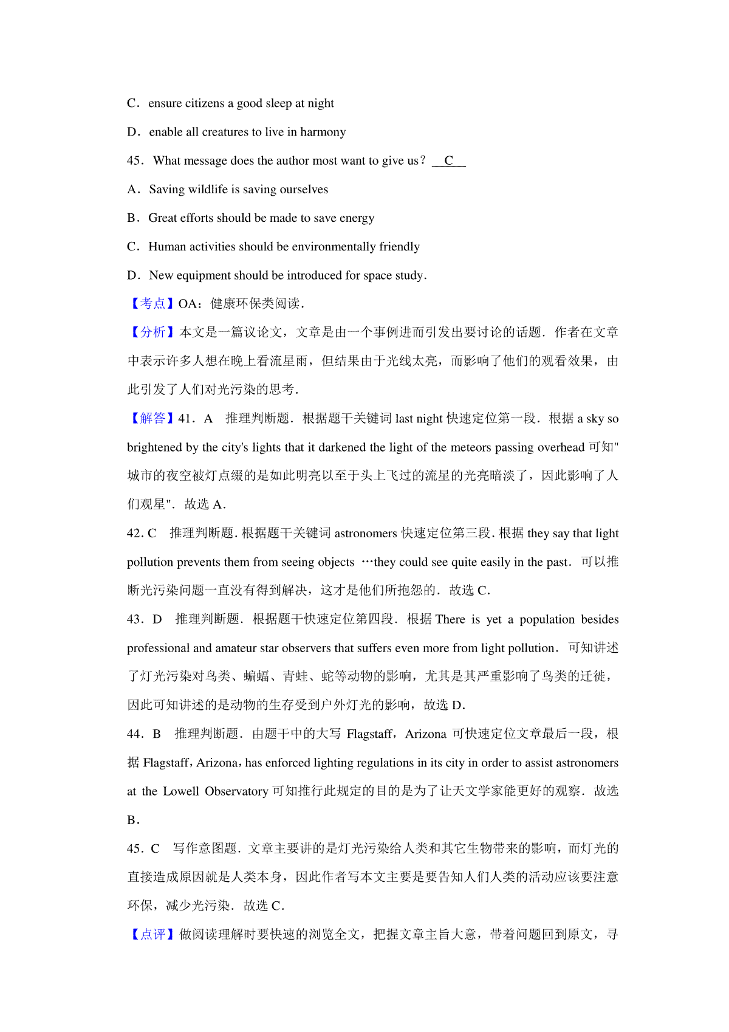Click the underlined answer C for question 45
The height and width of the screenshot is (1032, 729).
449,161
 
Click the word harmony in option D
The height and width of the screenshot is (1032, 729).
323,132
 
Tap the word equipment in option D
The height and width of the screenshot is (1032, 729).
204,275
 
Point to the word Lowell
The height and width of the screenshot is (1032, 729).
181,791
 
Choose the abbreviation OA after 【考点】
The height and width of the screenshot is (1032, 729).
187,304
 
